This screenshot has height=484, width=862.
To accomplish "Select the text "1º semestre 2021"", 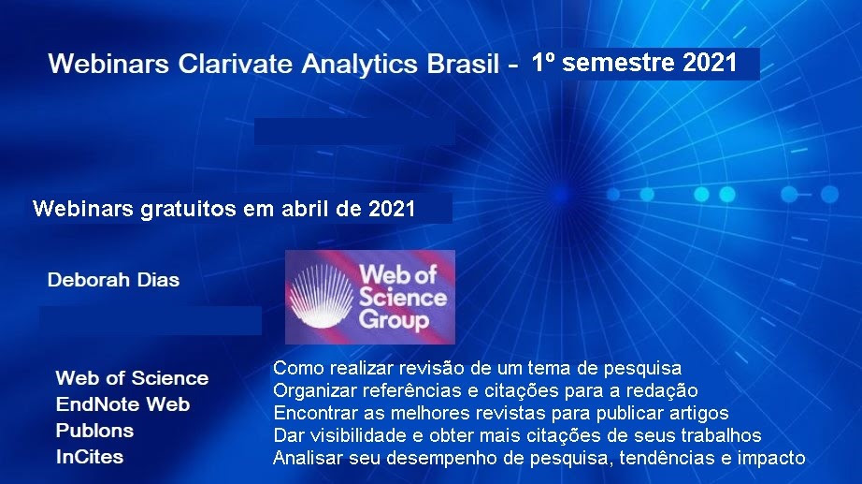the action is point(635,62).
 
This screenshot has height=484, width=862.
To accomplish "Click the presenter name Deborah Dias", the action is point(113,280).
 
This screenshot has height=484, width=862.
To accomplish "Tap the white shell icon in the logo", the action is point(321,297).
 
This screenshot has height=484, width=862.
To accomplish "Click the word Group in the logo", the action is point(394,320).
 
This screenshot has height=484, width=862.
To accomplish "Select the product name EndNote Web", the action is point(122,404).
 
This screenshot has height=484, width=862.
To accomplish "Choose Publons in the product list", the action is point(94,430).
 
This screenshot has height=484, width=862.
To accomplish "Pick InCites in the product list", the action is point(90,457).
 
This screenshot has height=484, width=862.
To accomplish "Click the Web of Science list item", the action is point(132,377).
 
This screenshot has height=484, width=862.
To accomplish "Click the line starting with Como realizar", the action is point(477,368).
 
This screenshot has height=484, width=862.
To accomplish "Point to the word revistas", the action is point(510,413).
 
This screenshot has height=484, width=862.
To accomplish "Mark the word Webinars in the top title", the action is point(108,64).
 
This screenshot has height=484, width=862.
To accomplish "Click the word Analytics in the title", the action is point(360,64).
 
